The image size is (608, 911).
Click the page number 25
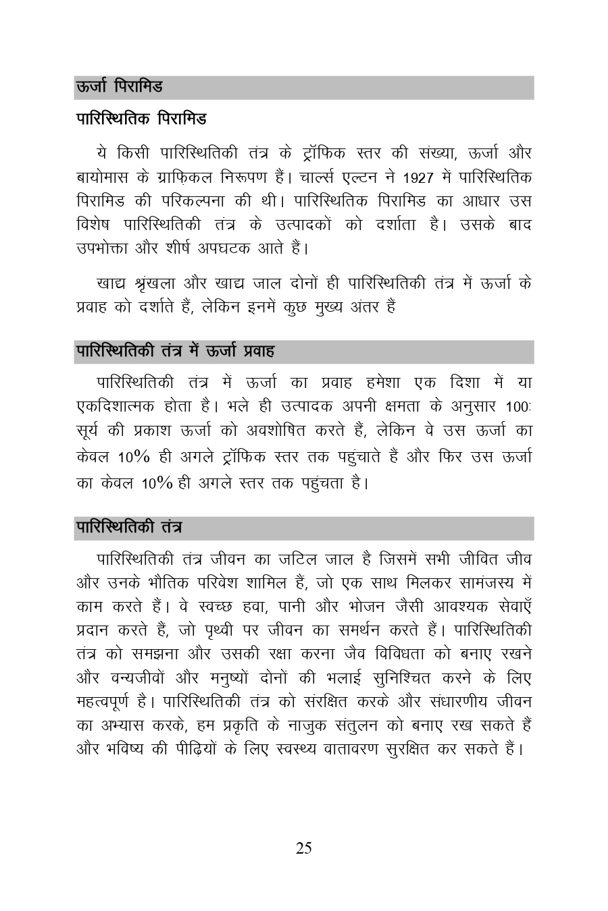pos(303,848)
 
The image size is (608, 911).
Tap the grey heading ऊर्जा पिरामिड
pos(119,87)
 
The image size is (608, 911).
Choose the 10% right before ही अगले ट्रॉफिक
pos(134,457)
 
